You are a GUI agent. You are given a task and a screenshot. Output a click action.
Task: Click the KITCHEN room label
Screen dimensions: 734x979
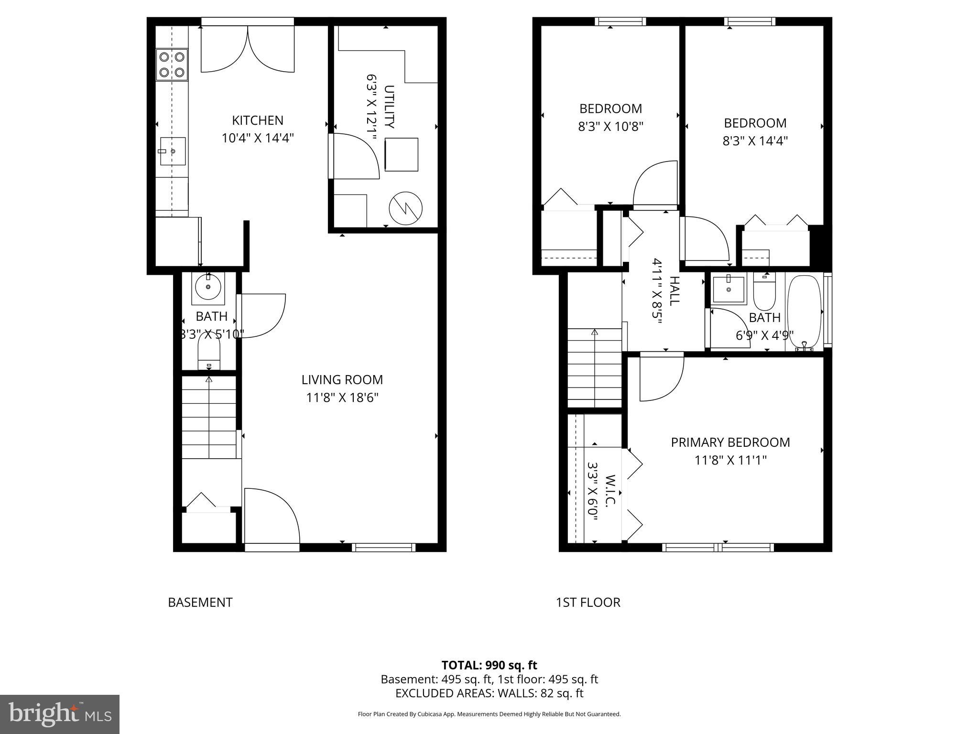[x=258, y=120]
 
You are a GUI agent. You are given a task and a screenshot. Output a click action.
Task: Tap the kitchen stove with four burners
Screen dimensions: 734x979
[x=172, y=65]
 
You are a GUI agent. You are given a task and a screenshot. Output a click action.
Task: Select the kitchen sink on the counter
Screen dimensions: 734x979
[x=173, y=151]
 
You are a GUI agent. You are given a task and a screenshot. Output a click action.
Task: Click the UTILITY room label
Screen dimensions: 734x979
[x=390, y=107]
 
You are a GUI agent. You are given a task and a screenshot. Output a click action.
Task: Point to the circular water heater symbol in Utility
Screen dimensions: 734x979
[x=406, y=209]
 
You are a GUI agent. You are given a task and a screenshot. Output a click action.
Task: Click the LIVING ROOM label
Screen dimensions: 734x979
[x=342, y=380]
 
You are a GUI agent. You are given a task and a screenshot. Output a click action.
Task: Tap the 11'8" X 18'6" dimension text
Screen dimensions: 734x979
[x=342, y=398]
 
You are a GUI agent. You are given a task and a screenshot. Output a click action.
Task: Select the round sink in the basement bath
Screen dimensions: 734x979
[x=208, y=287]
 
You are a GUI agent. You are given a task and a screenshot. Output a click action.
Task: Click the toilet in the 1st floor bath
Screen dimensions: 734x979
[x=764, y=292]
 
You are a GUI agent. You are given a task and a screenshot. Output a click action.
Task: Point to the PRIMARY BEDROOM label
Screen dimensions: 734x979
[x=730, y=443]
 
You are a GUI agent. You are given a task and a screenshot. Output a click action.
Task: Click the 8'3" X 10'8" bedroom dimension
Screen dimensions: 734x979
[x=610, y=127]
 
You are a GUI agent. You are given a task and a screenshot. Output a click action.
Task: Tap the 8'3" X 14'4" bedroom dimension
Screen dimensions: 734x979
[x=755, y=141]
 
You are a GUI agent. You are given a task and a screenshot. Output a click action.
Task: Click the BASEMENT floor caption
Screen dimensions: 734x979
[x=200, y=603]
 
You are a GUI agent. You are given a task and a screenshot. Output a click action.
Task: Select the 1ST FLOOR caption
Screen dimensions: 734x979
[x=588, y=603]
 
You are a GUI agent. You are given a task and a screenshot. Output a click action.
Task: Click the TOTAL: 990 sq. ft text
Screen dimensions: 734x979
[x=489, y=665]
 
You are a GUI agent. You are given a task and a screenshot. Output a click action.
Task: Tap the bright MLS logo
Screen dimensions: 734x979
[x=60, y=714]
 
